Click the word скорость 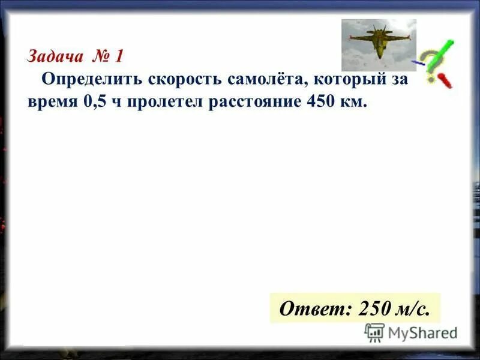179,79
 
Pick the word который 355,79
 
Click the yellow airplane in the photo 378,41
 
